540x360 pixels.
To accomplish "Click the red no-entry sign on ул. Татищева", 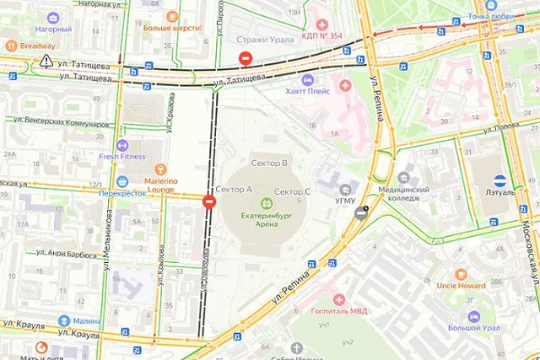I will click(x=245, y=59).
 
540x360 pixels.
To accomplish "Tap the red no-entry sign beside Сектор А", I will click(x=208, y=201).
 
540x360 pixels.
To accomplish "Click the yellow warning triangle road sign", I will click(x=44, y=62).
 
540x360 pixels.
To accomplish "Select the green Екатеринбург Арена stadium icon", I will click(x=267, y=202).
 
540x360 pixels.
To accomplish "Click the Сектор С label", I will click(x=293, y=192).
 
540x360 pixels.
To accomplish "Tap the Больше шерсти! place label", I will click(x=172, y=27).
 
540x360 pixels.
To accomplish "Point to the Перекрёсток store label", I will click(x=123, y=193).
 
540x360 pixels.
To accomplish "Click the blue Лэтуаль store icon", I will click(x=500, y=180).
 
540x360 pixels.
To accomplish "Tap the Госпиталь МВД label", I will click(x=338, y=312).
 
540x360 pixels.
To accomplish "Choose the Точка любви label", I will click(x=492, y=16).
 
